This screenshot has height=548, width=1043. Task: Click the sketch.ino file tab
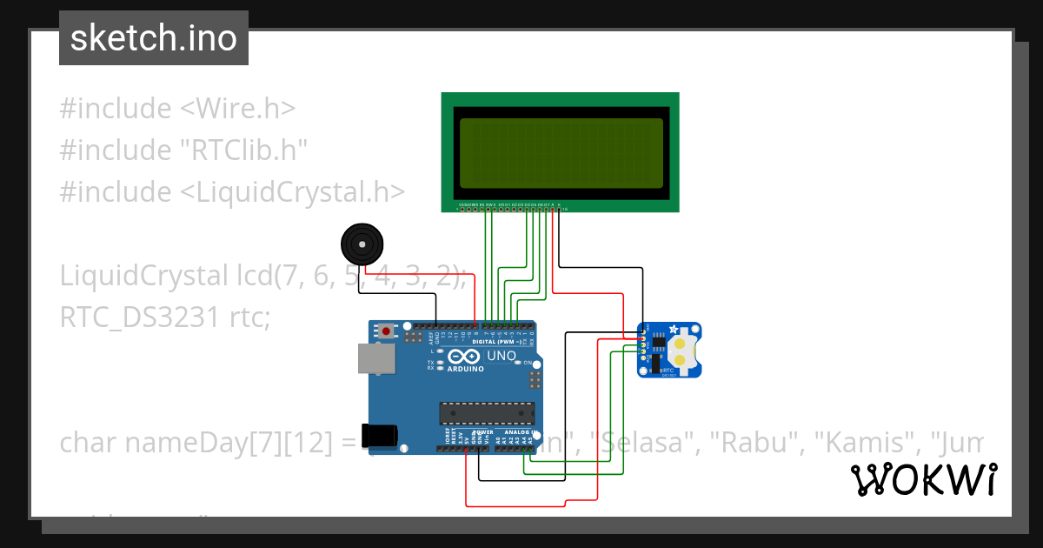(x=154, y=38)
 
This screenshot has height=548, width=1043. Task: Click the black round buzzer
(x=361, y=244)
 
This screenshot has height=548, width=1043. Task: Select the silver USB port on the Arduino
(x=376, y=358)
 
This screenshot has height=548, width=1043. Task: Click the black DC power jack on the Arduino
(x=382, y=435)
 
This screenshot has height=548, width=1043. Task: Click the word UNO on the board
(x=501, y=357)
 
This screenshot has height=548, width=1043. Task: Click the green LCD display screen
(x=560, y=153)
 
